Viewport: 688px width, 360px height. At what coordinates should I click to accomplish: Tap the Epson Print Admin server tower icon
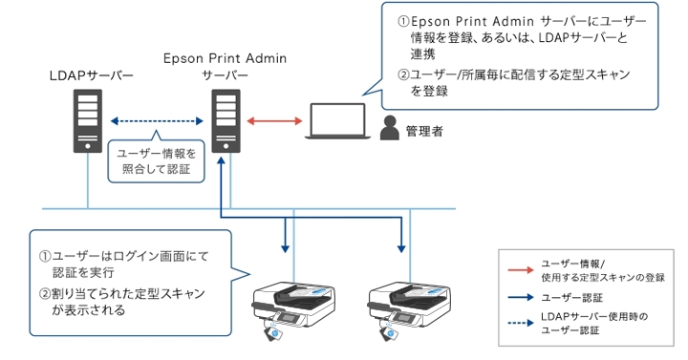[225, 120]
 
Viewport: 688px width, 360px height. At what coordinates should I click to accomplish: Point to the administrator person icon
[389, 127]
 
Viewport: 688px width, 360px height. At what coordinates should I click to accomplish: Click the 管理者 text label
[423, 128]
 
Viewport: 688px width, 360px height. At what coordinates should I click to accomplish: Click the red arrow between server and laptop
[274, 121]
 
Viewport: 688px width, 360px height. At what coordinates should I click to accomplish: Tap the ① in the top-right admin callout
[403, 22]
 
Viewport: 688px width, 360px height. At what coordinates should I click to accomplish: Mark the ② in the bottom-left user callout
[45, 293]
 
